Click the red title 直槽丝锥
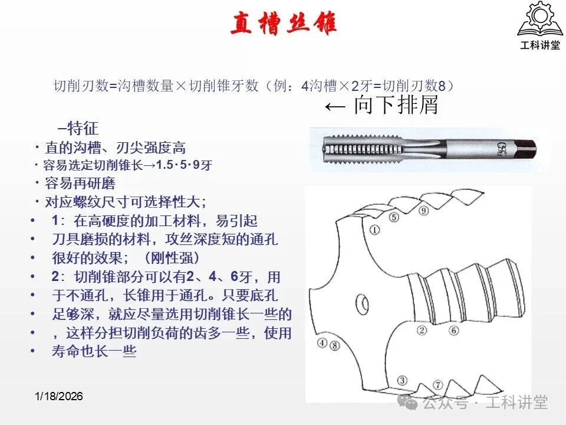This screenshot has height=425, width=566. [284, 23]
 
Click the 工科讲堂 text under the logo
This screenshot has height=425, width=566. [540, 45]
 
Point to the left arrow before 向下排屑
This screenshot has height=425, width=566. [335, 107]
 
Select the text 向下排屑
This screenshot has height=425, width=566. [396, 105]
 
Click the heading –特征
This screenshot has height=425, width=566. [78, 128]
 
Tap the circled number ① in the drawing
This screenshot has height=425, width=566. [375, 230]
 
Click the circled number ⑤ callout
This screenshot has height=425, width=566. [394, 217]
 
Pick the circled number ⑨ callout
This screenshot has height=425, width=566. [423, 210]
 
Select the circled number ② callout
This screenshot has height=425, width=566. [422, 330]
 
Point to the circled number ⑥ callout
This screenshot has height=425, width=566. [454, 330]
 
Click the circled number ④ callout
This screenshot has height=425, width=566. [322, 342]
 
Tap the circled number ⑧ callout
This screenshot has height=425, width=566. [335, 345]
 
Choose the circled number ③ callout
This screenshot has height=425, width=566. [402, 380]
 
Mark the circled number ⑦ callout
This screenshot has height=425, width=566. [437, 385]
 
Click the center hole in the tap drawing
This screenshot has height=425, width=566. [362, 304]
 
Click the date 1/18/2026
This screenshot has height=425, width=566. [59, 396]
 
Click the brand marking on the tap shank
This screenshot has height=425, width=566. [502, 148]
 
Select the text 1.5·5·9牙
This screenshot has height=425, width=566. [185, 165]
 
